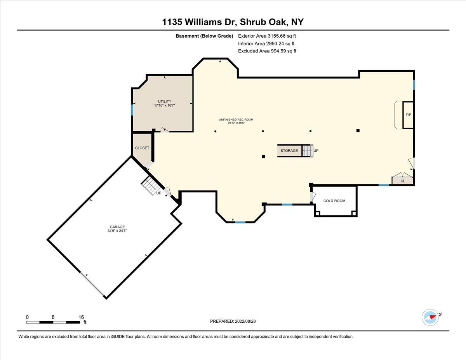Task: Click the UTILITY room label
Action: point(165,101)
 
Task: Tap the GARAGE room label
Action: point(117,227)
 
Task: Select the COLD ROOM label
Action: point(334,201)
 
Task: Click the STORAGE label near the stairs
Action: point(289,151)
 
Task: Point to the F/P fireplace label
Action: point(408,115)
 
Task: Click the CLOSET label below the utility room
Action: point(142,148)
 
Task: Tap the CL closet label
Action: point(403,181)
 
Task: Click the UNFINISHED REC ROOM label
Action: point(236,120)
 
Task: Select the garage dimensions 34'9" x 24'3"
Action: point(117,231)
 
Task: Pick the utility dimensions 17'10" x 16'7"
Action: point(165,105)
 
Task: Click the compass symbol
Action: point(430,318)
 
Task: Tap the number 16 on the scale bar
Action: point(81,317)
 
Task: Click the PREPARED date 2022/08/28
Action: point(245,321)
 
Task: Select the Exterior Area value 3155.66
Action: point(275,36)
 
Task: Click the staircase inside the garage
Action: point(151,186)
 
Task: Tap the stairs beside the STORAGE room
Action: point(308,151)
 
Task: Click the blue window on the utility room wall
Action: point(132,110)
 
